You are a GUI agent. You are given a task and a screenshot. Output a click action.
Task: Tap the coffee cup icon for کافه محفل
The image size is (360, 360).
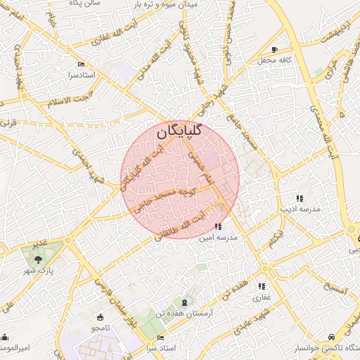[275, 49]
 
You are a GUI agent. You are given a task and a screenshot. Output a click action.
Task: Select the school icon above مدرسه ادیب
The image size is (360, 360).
[300, 198]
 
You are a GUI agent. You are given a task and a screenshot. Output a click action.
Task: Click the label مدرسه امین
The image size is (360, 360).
[219, 238]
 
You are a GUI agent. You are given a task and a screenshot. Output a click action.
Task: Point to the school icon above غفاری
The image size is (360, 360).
[262, 285]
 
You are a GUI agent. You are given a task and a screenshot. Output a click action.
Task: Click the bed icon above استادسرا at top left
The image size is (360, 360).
[82, 63]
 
